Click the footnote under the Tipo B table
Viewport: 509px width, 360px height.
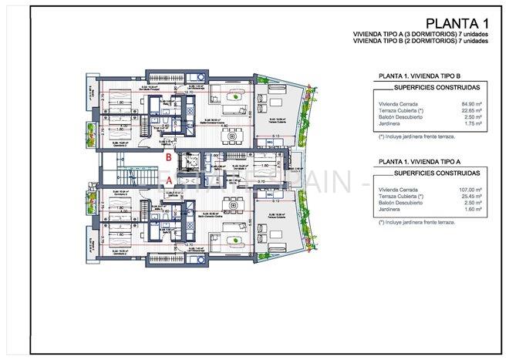(416, 136)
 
